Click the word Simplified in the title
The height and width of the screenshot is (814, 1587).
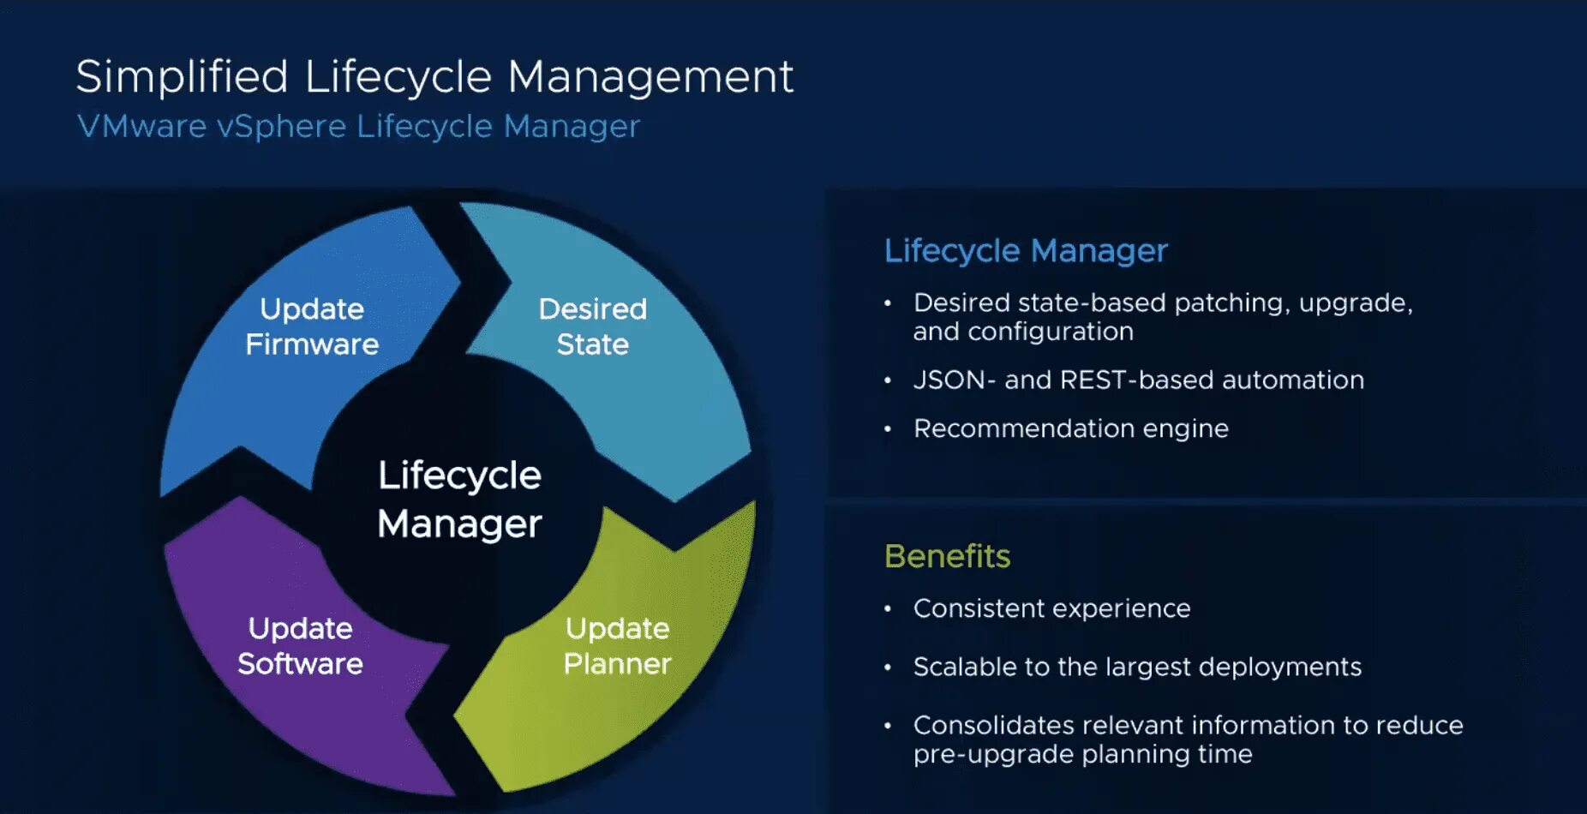(182, 77)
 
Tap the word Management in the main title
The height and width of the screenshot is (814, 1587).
(650, 77)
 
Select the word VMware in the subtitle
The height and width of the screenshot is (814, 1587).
(142, 127)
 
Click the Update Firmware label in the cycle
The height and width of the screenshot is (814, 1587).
(312, 326)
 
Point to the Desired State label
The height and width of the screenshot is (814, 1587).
(592, 326)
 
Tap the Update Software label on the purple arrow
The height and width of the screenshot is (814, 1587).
(300, 646)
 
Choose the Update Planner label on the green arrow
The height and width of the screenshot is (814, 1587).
(617, 646)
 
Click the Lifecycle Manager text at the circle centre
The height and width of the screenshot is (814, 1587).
(459, 499)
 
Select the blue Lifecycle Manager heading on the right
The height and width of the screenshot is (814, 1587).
(1026, 251)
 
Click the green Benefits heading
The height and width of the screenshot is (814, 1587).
(947, 556)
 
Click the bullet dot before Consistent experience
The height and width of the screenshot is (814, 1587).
(888, 608)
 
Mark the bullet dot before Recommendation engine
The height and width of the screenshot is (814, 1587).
(888, 428)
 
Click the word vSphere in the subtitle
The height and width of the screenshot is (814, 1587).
(281, 127)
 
